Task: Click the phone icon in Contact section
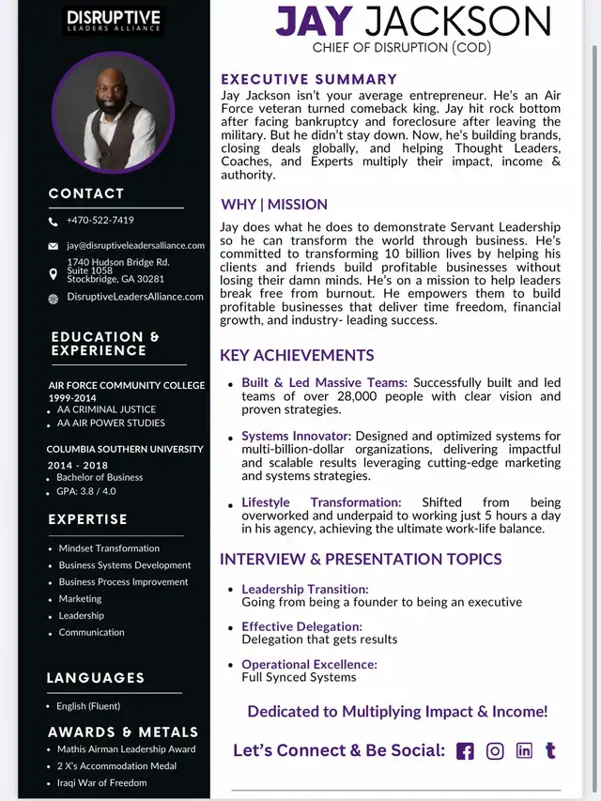53,222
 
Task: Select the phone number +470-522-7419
100,221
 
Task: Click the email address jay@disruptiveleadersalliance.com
135,245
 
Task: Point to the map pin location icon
53,273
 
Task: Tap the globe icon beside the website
53,299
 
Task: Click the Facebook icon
465,751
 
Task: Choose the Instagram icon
495,751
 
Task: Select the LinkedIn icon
524,750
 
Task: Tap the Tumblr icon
550,750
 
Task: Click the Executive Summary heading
309,80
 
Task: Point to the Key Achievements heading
297,356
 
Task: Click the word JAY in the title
314,22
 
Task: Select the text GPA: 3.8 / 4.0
86,491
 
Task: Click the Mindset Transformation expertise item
109,548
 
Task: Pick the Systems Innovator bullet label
296,437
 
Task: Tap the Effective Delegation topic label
301,626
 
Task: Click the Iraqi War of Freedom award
102,782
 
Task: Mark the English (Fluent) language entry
88,706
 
